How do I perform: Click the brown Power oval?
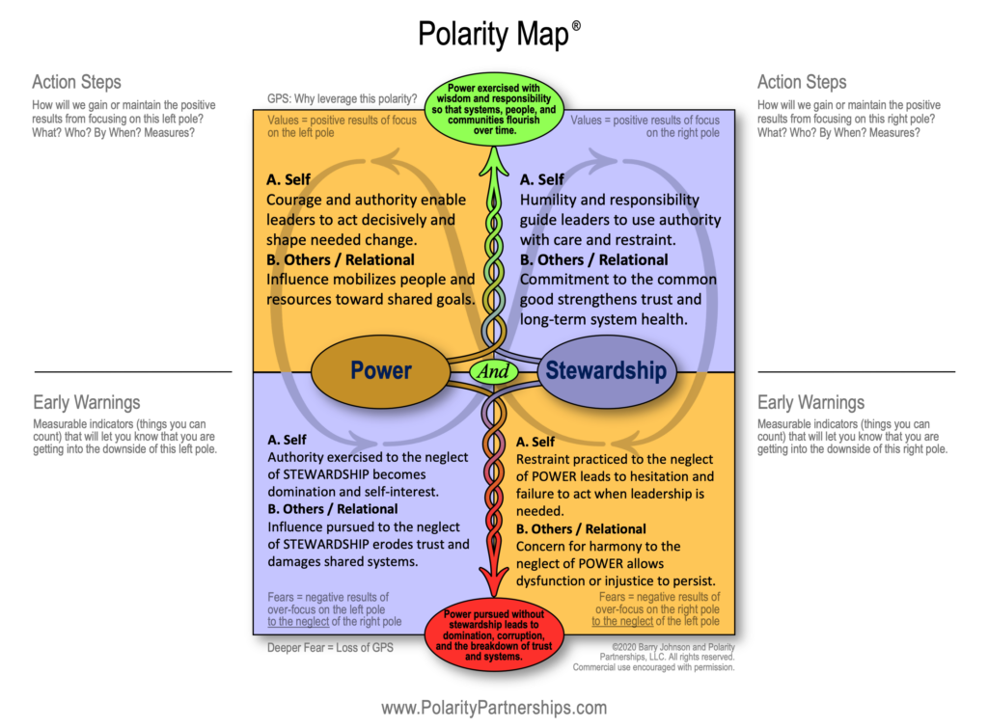(380, 370)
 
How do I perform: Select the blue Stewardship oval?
(605, 370)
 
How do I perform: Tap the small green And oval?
(493, 370)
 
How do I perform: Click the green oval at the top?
(493, 114)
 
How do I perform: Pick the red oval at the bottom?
(493, 635)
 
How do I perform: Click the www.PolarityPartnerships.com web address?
(494, 708)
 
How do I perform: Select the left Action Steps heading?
(76, 82)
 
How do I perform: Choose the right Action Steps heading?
(802, 82)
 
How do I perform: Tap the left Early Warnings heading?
(86, 402)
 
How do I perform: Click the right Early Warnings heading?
(810, 402)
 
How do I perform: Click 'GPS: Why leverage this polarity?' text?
(342, 98)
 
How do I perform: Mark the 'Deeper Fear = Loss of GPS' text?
(330, 647)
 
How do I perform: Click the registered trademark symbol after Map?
(576, 25)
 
